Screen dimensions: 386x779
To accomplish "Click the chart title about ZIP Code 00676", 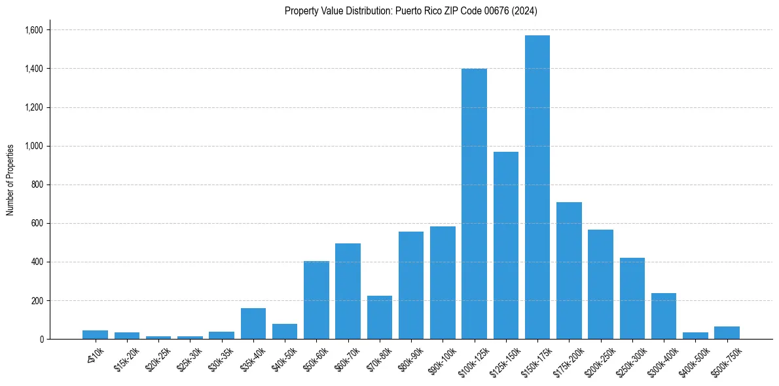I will coord(411,10).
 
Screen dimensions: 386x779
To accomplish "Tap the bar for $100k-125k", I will coord(474,203).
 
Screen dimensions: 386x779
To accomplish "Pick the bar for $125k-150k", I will coord(506,245).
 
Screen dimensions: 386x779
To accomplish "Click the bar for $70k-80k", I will coord(380,317).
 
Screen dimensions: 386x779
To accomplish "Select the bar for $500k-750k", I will coord(727,332).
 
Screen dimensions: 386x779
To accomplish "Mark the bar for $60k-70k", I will coord(348,291).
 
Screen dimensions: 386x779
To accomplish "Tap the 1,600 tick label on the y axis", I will coord(33,30).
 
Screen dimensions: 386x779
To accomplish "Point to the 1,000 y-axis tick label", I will coord(33,146).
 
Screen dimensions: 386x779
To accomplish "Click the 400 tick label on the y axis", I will coord(37,262).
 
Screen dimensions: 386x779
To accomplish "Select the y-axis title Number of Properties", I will coord(10,180).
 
